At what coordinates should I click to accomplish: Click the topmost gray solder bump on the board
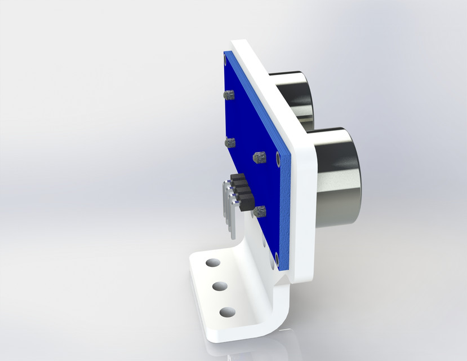[228, 94]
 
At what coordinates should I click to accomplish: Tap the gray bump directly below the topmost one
[229, 143]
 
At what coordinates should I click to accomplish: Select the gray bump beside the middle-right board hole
[260, 157]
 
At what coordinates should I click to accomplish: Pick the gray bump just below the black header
[260, 213]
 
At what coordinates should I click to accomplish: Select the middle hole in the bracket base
[219, 286]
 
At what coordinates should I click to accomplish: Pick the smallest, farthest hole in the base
[212, 263]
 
